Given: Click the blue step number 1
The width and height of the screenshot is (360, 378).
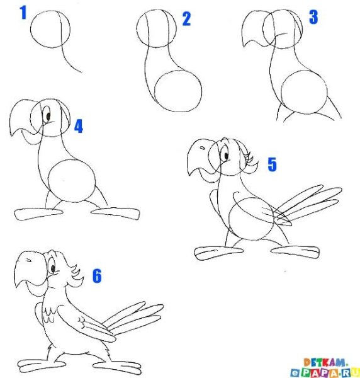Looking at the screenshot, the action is [x=23, y=13].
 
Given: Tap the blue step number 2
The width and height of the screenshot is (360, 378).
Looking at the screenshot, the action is [x=187, y=19].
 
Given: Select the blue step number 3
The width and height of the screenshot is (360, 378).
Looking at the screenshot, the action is [x=313, y=17].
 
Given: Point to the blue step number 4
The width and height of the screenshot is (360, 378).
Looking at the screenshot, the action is [x=79, y=127].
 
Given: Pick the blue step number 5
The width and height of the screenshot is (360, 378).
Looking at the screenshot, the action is [x=273, y=164].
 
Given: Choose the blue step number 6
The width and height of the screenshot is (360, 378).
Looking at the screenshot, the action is [x=97, y=276].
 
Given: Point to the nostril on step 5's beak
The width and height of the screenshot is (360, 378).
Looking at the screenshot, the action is [x=203, y=148].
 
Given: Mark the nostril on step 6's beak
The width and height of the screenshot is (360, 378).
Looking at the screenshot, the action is [x=29, y=260].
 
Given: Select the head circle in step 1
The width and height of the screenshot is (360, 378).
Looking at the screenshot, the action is [x=31, y=29].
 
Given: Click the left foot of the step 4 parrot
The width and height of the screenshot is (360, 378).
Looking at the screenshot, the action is [x=38, y=214].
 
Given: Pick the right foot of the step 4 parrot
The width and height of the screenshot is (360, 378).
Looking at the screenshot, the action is [x=116, y=214].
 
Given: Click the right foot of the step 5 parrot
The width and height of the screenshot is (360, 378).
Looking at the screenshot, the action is [x=295, y=252].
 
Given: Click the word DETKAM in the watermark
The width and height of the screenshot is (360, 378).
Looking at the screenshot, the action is [x=325, y=362].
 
